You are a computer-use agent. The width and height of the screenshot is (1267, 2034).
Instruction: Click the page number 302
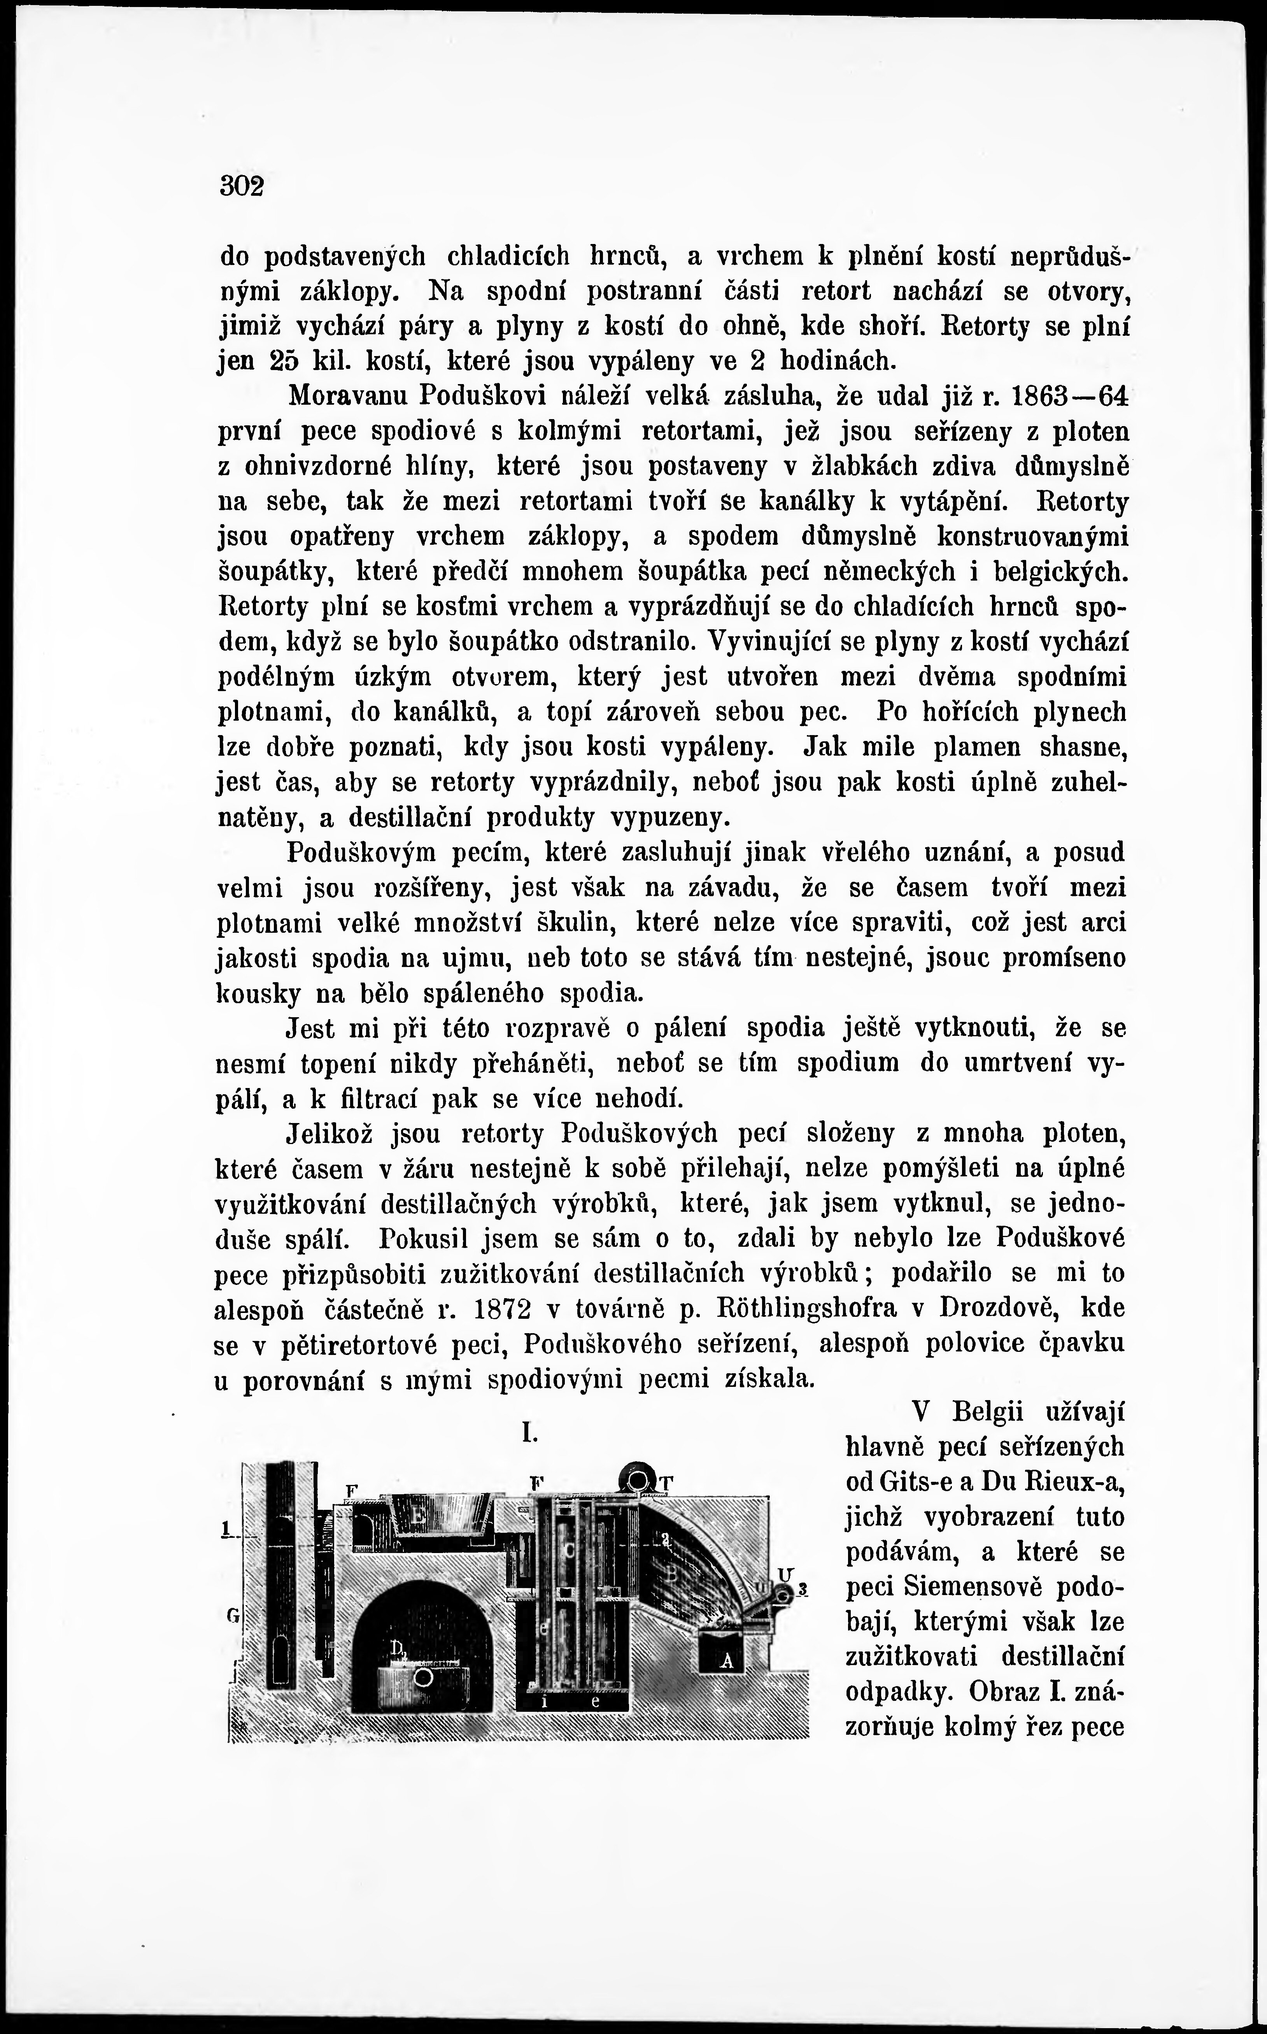pos(241,185)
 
